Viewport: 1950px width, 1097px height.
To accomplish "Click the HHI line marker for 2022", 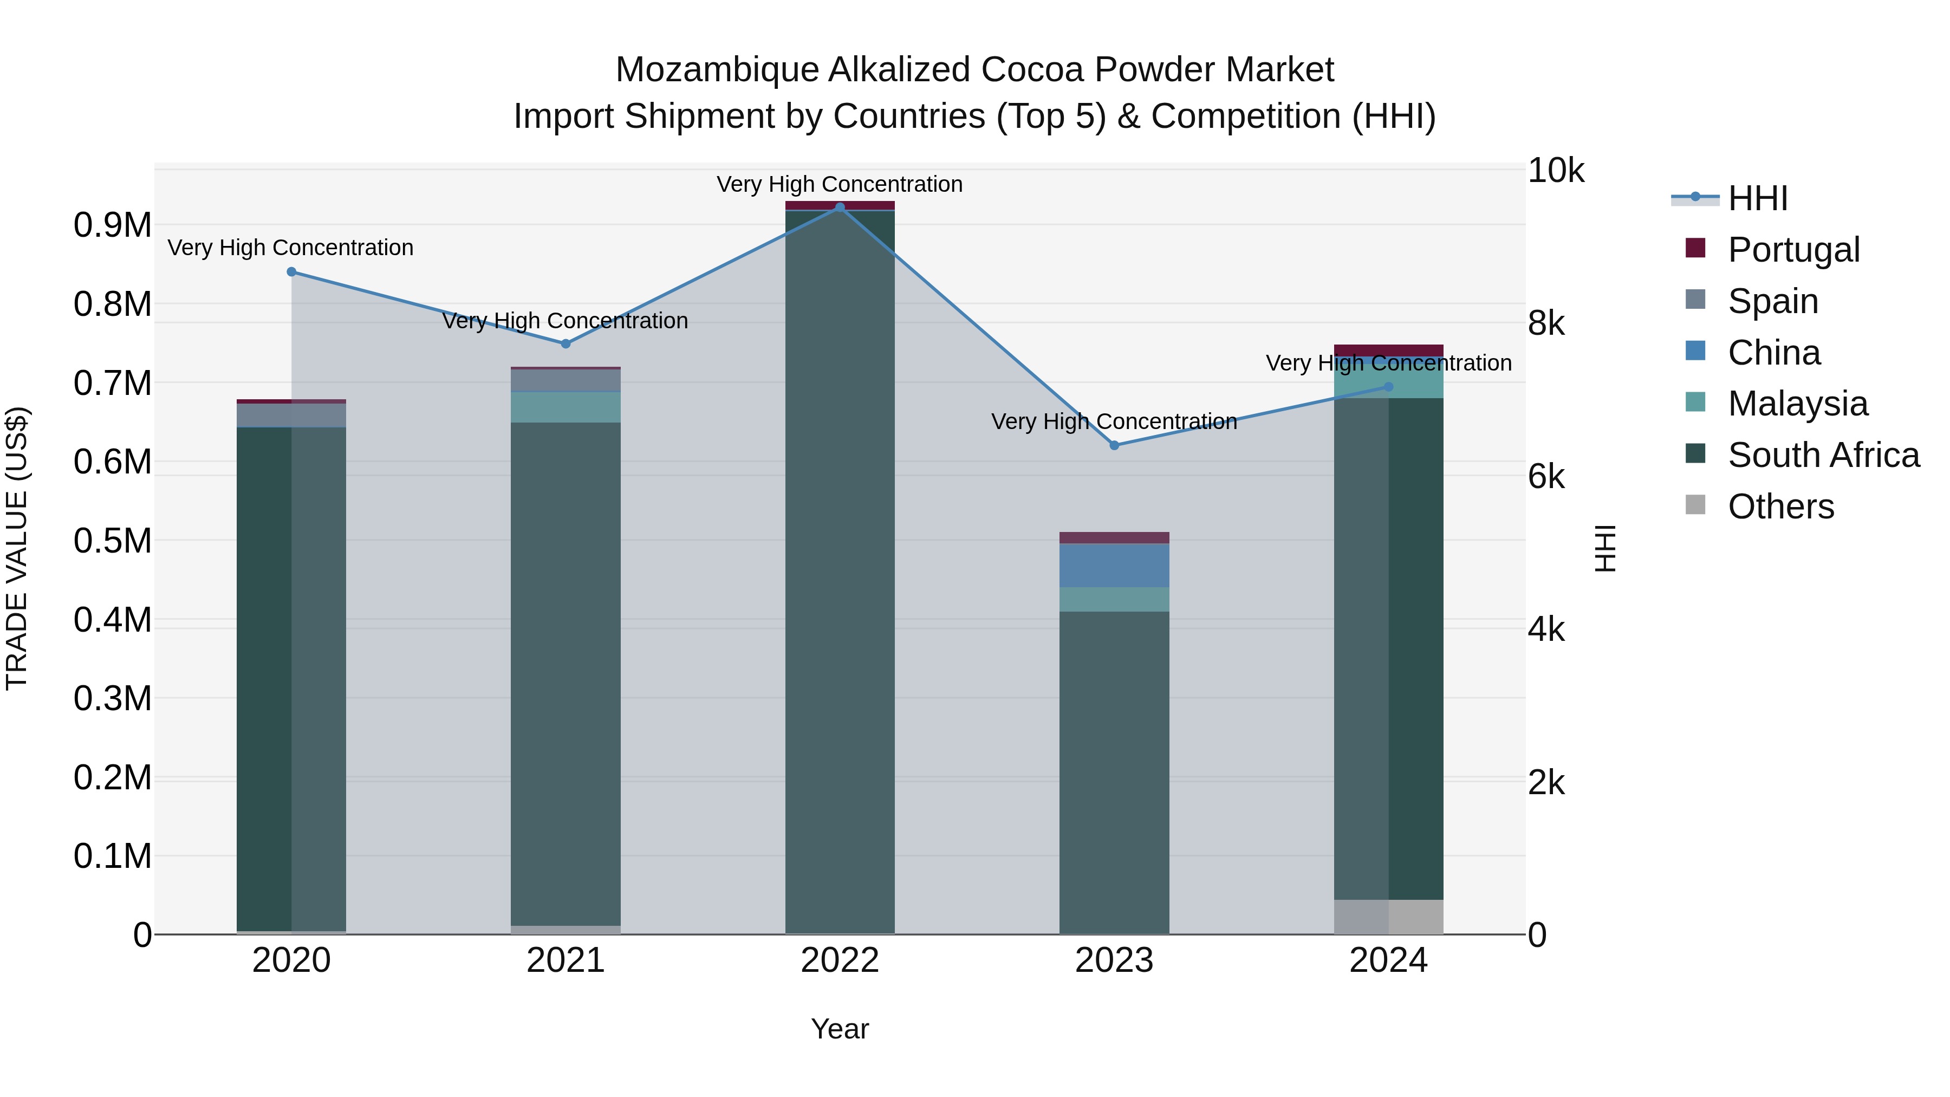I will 840,207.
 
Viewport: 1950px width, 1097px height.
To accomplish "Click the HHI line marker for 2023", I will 1114,445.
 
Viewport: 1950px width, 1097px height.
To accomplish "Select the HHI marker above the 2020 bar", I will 291,272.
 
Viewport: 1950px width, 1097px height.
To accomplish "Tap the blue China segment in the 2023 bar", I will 1114,565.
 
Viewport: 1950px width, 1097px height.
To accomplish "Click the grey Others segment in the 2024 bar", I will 1388,916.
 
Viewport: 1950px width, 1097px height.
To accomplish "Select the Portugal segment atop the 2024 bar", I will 1388,350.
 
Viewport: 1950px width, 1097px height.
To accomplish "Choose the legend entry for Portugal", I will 1793,249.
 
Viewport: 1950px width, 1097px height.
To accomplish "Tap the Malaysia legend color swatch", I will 1695,402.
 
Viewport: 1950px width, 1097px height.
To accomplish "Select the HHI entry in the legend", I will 1757,198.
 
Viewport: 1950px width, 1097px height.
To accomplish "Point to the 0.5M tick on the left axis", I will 112,541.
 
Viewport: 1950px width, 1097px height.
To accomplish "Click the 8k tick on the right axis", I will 1546,324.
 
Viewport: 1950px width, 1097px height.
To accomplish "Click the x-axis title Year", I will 840,1029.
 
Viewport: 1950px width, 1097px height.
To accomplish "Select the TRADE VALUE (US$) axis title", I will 17,548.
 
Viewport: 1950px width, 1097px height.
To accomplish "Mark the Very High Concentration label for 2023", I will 1114,421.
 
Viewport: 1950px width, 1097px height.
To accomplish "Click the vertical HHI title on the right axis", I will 1605,548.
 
